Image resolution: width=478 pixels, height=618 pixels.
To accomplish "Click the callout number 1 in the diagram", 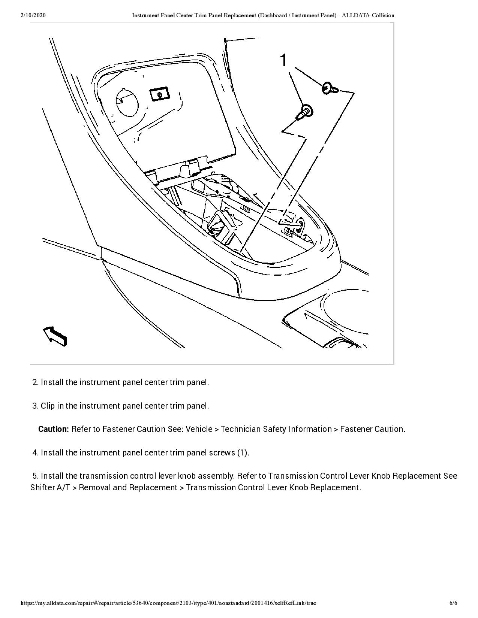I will coord(284,60).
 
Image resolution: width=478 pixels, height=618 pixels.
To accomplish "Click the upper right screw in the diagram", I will coord(329,88).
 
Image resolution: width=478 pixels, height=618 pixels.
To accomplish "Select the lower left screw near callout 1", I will coord(305,112).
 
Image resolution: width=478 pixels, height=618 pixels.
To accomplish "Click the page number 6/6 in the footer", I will coord(453,603).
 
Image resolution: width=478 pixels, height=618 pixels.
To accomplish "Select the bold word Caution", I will coord(53,429).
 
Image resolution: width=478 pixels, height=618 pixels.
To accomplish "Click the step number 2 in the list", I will coord(36,382).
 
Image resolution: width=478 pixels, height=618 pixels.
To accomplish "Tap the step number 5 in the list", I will coord(36,476).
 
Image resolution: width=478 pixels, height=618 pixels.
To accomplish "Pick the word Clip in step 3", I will coord(48,406).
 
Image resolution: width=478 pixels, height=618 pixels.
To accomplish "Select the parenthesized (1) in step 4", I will coord(243,453).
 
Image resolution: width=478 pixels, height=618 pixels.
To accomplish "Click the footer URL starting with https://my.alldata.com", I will coord(168,603).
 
